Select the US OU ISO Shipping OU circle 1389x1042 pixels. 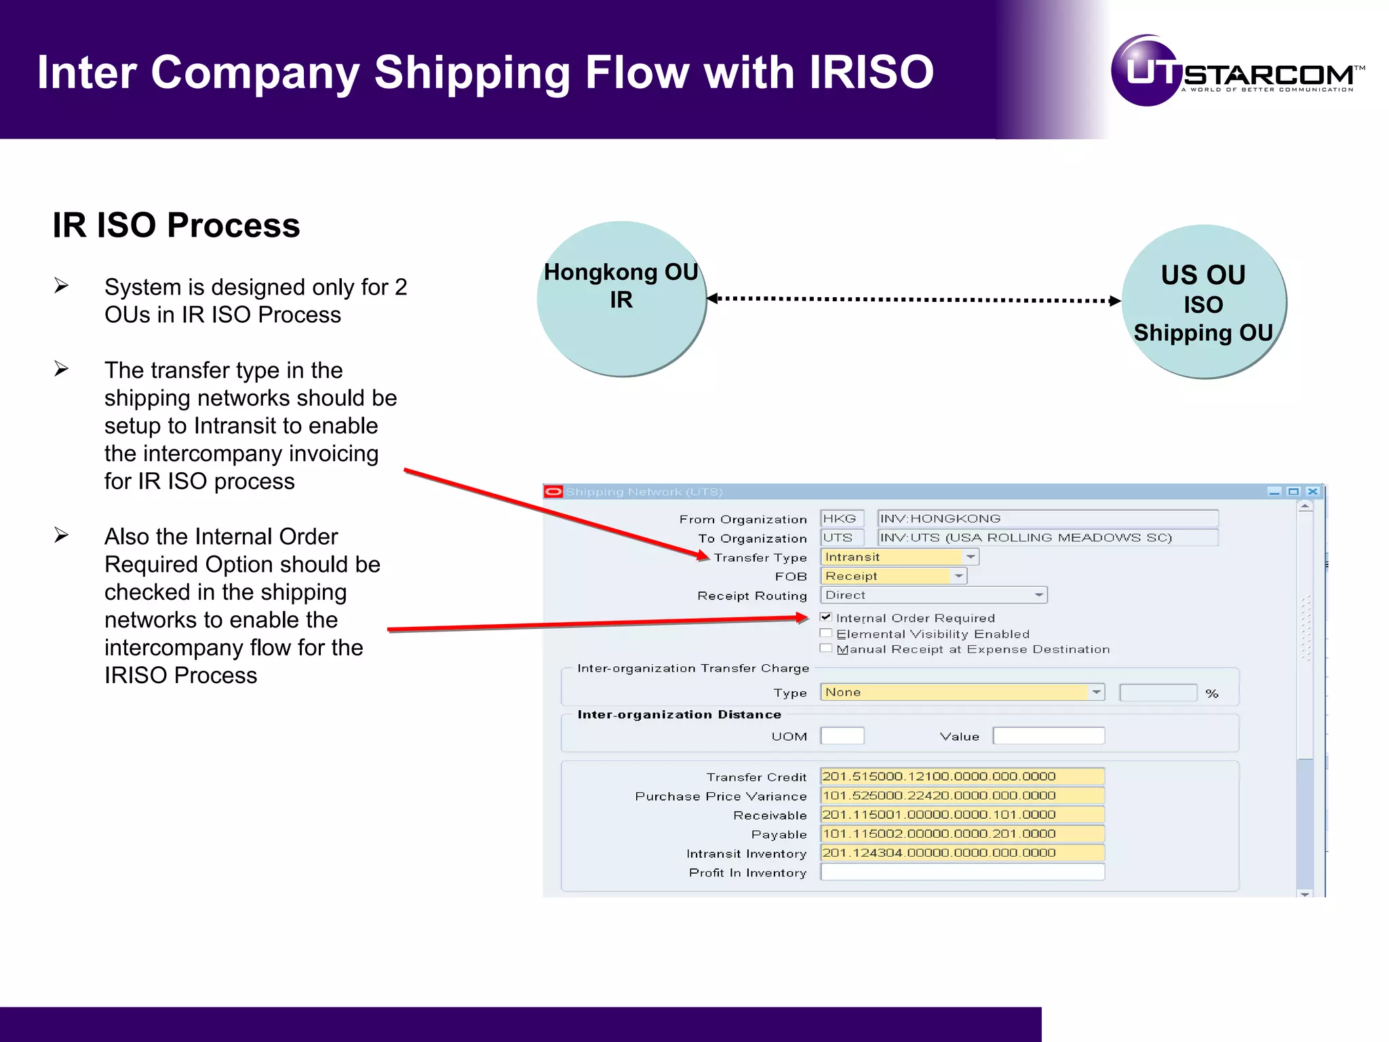tap(1204, 303)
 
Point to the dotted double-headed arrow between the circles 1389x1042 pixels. tap(913, 299)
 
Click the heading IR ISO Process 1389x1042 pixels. tap(176, 225)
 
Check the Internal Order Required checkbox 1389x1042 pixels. tap(825, 617)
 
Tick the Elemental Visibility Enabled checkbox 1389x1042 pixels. tap(825, 634)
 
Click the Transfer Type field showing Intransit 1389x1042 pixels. tap(891, 557)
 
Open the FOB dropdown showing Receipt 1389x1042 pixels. tap(958, 576)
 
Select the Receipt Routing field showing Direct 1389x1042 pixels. tap(933, 595)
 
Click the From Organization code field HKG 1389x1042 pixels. tap(841, 519)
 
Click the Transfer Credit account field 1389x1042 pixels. tap(962, 776)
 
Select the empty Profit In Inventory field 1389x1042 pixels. tap(962, 872)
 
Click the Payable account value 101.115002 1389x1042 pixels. tap(962, 833)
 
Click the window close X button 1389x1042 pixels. tap(1312, 492)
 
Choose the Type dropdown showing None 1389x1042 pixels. tap(961, 692)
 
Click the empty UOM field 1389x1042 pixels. tap(842, 736)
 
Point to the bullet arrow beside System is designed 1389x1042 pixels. tap(62, 286)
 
